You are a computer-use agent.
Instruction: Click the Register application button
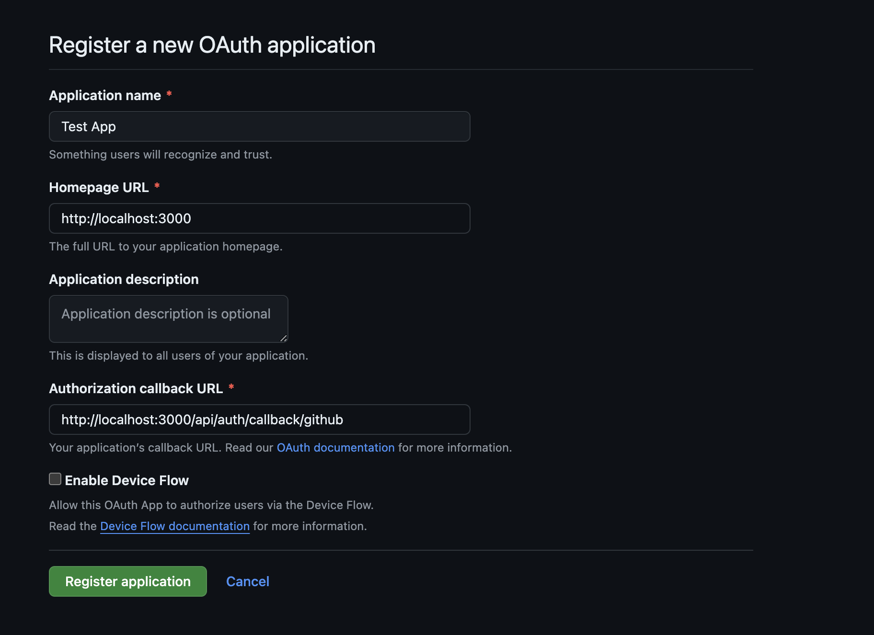(128, 581)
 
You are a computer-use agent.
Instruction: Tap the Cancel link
(247, 581)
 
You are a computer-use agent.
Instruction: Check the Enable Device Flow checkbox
(55, 479)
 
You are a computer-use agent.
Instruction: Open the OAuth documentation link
(335, 448)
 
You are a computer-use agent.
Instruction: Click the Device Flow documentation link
(175, 526)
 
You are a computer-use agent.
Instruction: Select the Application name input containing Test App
(259, 126)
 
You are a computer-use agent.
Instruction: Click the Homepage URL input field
(259, 218)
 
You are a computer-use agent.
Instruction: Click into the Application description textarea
(168, 319)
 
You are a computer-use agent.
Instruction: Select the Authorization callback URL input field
(259, 420)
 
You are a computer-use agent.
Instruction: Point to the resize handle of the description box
(284, 338)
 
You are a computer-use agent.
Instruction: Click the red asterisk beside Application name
(169, 94)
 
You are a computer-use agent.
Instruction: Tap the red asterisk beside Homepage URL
(157, 186)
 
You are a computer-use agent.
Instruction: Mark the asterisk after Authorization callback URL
(231, 387)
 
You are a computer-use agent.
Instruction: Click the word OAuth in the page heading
(230, 45)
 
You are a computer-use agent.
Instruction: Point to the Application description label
(124, 279)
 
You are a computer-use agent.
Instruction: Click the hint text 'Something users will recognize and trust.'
(161, 155)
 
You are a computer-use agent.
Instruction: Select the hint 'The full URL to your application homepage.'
(166, 247)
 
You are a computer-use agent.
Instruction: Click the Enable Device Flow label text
(126, 480)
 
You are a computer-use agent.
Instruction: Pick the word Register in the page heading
(90, 45)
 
